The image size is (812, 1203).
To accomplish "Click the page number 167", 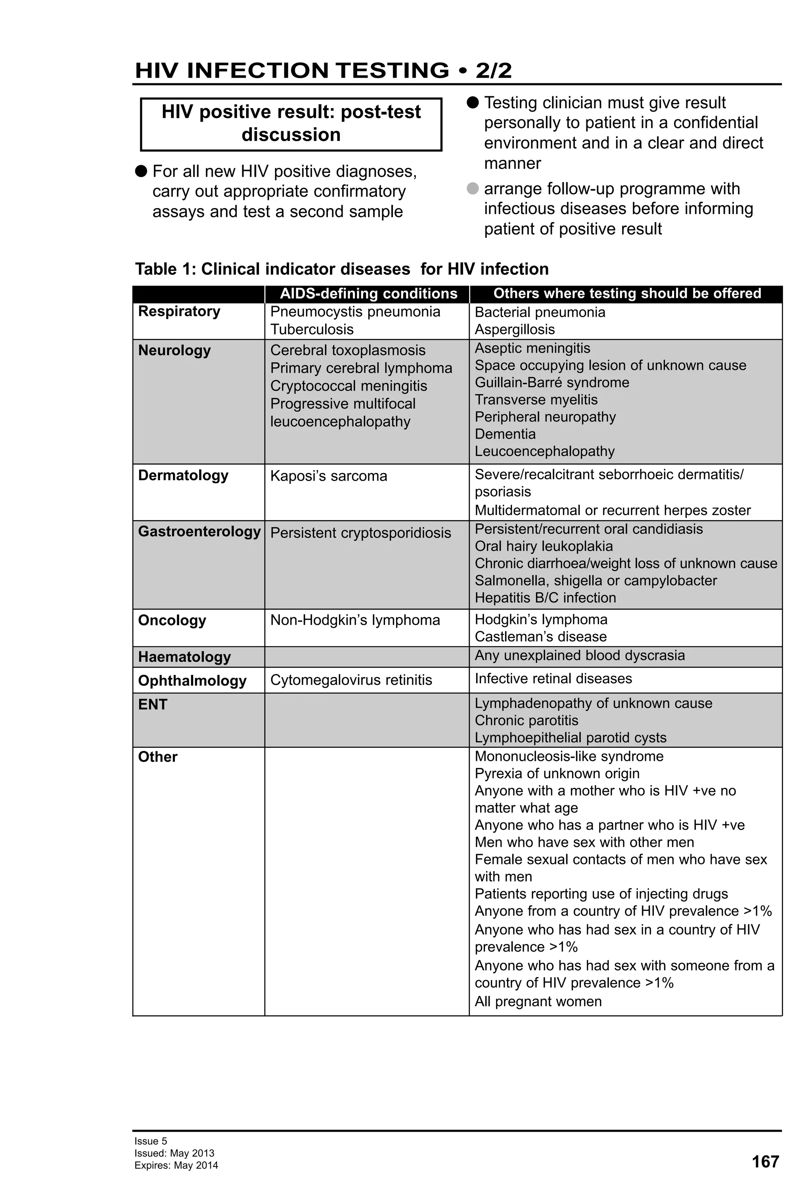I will pos(764,1162).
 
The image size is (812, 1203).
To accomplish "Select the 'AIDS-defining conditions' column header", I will pos(368,293).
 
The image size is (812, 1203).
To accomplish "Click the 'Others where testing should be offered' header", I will pos(627,293).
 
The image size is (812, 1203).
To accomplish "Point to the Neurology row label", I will pos(174,351).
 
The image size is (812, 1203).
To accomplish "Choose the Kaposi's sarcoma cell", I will pos(328,476).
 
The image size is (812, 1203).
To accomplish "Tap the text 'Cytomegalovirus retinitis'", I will pos(350,680).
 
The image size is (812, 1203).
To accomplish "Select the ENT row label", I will pos(152,705).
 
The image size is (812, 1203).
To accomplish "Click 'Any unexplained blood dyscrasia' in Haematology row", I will pos(579,655).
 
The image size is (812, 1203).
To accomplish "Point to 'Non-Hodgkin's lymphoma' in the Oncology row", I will pos(354,620).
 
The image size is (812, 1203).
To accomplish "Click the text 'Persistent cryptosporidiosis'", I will pos(360,533).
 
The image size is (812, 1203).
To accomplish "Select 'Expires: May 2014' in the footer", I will pos(176,1166).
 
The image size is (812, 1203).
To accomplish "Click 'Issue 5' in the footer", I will pos(151,1141).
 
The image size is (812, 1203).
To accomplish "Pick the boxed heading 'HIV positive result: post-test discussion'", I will pos(291,124).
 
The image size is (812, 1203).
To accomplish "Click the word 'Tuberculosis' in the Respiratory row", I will pos(312,329).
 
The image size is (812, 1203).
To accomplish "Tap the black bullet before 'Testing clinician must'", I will pos(473,102).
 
